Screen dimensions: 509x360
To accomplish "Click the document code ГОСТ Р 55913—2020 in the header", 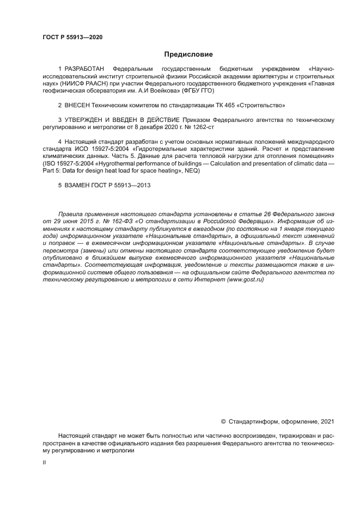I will tap(72, 37).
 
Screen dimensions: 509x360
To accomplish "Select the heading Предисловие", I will tap(188, 54).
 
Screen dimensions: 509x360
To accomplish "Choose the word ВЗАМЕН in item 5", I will tap(78, 185).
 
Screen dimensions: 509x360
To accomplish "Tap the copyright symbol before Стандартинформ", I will tap(223, 421).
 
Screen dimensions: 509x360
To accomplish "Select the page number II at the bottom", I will tap(45, 462).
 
